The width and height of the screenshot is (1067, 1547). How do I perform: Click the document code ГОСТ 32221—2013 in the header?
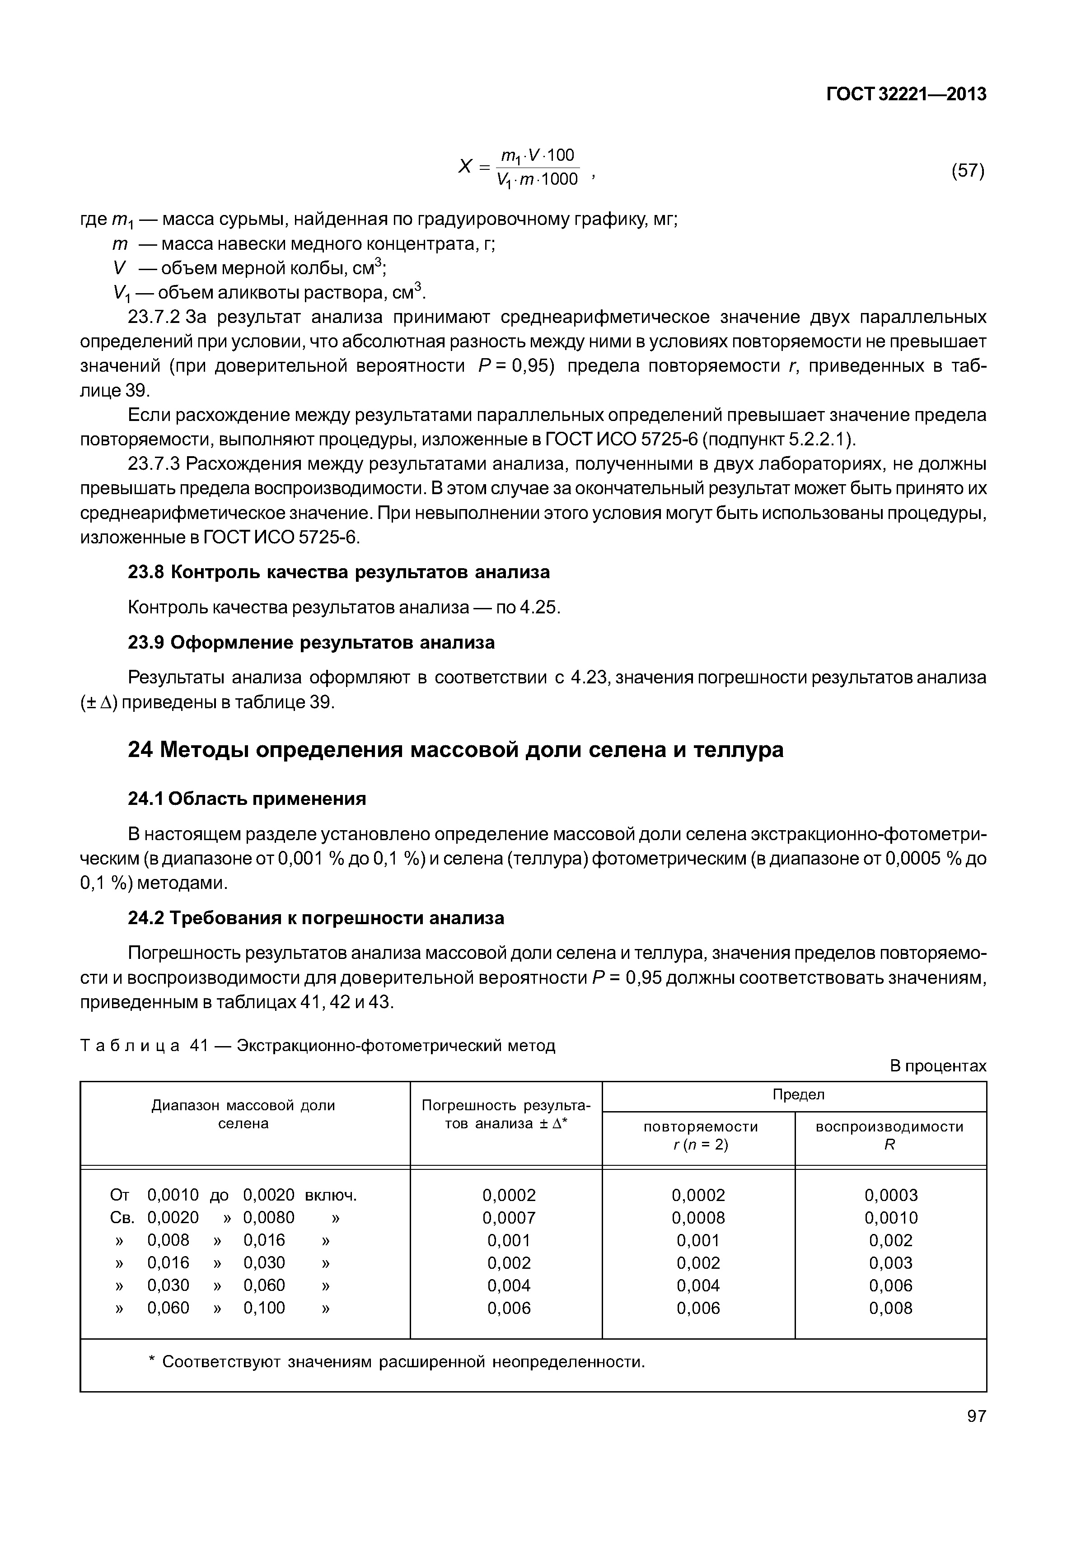(x=906, y=94)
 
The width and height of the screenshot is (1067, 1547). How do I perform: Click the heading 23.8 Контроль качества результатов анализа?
(x=338, y=572)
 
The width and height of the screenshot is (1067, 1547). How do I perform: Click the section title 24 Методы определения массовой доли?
(x=455, y=749)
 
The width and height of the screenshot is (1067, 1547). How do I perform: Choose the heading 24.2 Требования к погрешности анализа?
(x=316, y=918)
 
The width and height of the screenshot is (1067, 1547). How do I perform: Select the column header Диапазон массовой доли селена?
(x=243, y=1114)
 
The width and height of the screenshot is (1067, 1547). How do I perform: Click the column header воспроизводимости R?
(x=890, y=1135)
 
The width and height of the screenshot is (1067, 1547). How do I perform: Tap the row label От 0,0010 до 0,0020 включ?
(x=234, y=1195)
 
